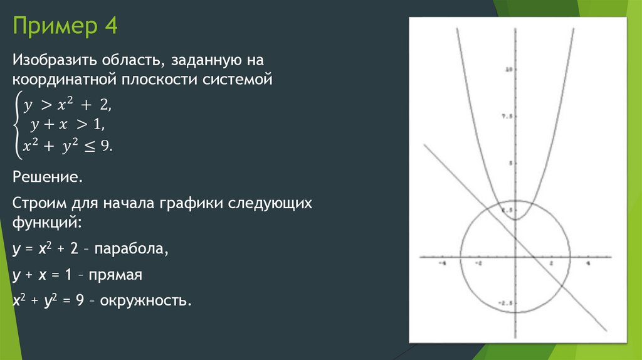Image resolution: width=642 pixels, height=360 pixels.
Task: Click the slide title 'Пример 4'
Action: click(65, 28)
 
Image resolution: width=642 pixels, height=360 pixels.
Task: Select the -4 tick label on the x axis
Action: click(441, 264)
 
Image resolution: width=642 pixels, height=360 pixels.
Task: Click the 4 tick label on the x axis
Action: click(588, 264)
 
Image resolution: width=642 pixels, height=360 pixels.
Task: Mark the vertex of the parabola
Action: click(515, 219)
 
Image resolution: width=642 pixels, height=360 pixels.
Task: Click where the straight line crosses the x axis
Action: click(534, 257)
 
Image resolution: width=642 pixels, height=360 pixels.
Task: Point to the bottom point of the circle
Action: click(515, 312)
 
